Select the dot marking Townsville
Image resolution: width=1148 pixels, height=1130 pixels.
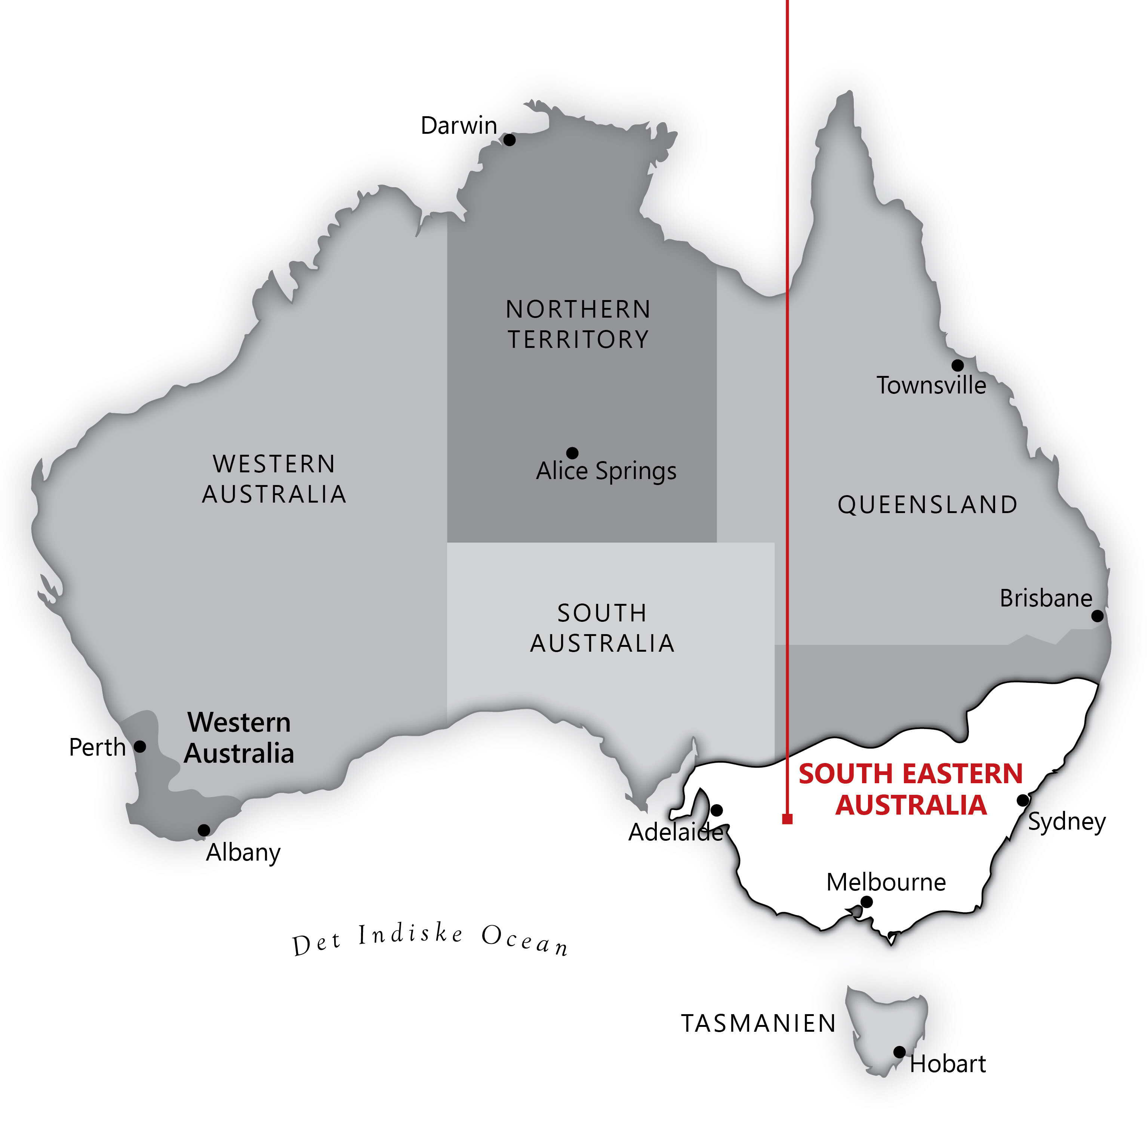click(x=957, y=365)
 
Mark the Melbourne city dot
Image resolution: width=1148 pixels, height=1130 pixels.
click(x=867, y=902)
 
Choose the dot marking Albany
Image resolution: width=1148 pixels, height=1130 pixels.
click(x=204, y=830)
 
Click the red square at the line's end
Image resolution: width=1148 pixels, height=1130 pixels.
click(x=787, y=819)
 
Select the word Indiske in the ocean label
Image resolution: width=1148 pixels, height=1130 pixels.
click(x=411, y=935)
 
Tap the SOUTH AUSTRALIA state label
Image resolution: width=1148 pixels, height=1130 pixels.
click(x=602, y=628)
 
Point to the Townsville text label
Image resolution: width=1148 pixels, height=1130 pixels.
click(x=931, y=386)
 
